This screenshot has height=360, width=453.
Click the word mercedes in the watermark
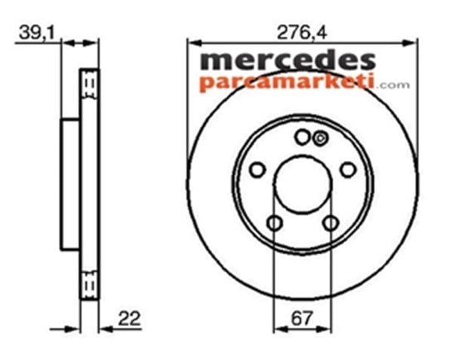[x=287, y=60]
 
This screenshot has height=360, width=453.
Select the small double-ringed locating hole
[x=320, y=137]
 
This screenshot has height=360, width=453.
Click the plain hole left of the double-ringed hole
[x=302, y=137]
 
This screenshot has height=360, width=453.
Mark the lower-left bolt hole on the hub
[x=275, y=222]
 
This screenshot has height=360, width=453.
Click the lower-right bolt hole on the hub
[x=331, y=222]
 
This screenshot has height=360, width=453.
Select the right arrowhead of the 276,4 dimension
[x=414, y=44]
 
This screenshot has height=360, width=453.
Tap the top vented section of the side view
[x=90, y=82]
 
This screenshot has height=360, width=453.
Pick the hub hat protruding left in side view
[x=69, y=185]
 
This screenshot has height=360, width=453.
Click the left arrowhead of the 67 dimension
[x=277, y=328]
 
